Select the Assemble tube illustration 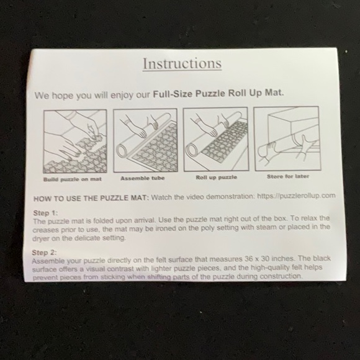(141, 142)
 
